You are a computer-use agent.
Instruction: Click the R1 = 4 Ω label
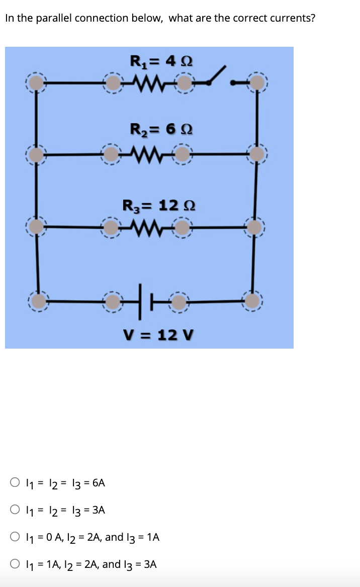[160, 62]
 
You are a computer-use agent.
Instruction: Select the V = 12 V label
[159, 334]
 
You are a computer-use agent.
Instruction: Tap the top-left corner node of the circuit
[36, 82]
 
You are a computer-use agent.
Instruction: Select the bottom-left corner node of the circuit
[37, 301]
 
